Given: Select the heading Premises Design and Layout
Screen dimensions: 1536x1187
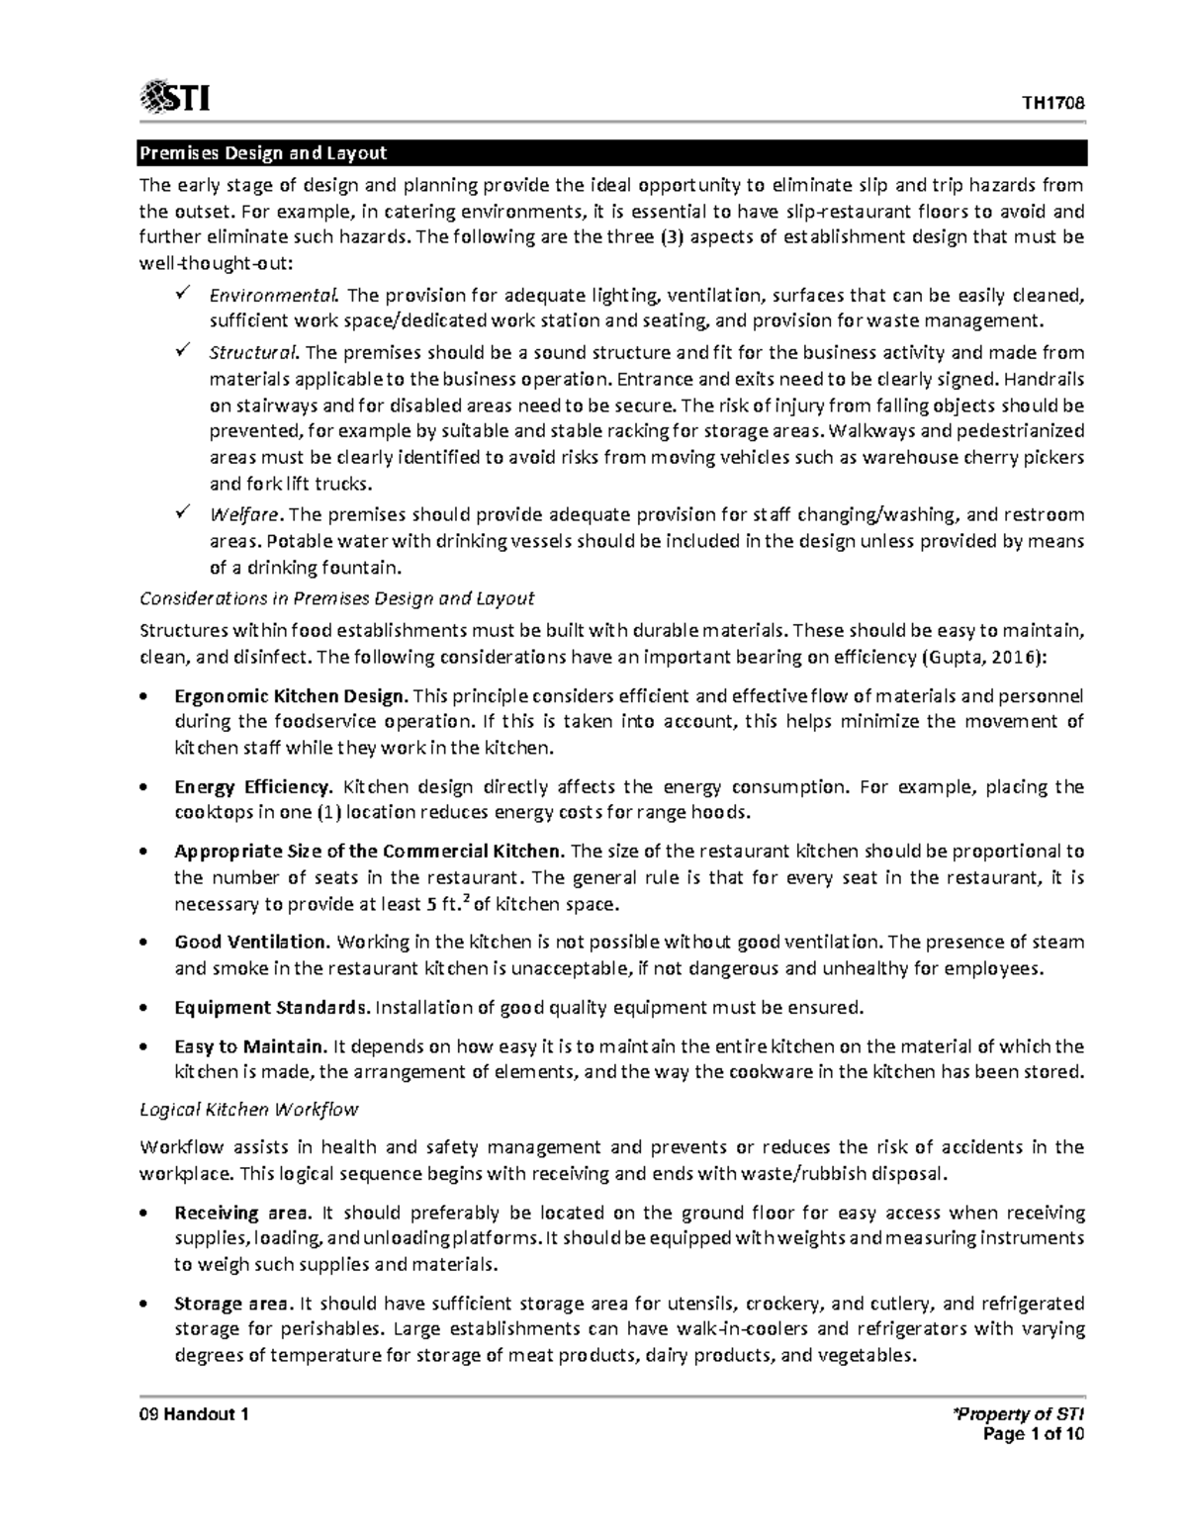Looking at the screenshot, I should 262,153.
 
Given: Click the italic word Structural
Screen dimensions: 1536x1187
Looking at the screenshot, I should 253,353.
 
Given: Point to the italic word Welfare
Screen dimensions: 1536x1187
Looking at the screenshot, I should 246,514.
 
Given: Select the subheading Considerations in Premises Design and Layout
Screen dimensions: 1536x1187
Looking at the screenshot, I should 336,598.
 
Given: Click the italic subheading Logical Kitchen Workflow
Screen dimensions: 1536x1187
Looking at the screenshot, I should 248,1109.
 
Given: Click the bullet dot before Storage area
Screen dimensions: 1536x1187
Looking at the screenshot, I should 146,1304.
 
